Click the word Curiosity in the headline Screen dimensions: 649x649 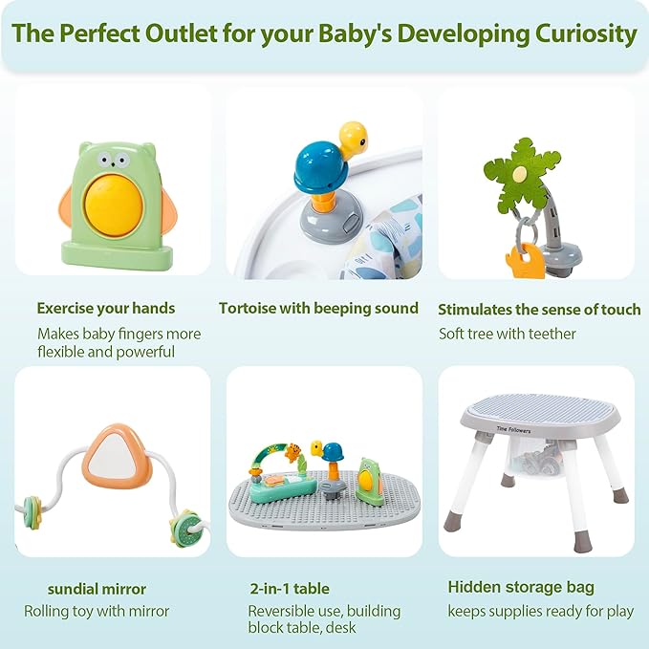(x=580, y=35)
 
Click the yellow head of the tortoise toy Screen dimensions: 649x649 (x=353, y=137)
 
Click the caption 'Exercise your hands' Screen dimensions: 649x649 (x=106, y=308)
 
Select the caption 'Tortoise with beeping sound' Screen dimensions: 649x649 (x=318, y=308)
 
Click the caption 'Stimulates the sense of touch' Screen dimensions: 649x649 (x=539, y=309)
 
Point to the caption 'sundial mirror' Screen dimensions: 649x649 (x=97, y=588)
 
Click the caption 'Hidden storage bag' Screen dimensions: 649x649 (x=521, y=587)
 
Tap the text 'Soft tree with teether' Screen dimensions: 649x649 (x=508, y=334)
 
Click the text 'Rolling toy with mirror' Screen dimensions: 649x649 (x=97, y=611)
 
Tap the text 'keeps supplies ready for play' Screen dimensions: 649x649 (x=540, y=611)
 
